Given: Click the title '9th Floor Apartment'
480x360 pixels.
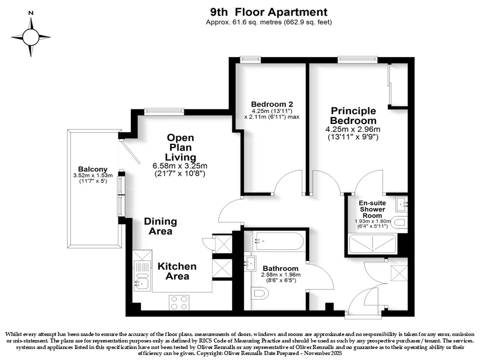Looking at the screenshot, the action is coord(268,12).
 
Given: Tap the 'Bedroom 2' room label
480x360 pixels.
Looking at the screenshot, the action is coord(272,104).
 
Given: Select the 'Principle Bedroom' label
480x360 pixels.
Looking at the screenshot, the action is coord(353,115).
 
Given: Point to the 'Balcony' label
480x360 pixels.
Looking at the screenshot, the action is coord(93,169).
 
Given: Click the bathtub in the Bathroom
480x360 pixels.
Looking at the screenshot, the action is coord(278,241).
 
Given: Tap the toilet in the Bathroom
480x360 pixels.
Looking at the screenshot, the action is coord(259,293).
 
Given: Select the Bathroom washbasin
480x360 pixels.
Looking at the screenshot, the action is coord(250,263).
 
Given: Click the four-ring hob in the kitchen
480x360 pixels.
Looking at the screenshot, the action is coord(179,302).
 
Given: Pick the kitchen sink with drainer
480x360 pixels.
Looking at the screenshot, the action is coord(142,275).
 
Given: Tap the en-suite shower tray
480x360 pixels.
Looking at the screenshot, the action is coord(372,243).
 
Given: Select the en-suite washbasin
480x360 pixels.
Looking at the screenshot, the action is coord(401,204).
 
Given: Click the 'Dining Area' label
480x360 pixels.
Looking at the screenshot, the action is coord(160,226).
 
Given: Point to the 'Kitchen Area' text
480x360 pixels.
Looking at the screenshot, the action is coord(177,271).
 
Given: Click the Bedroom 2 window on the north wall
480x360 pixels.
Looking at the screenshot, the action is coord(250,59).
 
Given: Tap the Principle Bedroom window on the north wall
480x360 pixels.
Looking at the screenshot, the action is coord(357,59).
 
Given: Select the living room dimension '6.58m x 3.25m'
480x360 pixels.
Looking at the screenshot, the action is coord(180,166).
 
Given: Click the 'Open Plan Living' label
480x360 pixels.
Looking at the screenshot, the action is coord(180,147).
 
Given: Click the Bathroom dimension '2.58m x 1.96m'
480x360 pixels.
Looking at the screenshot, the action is coord(280,274).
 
